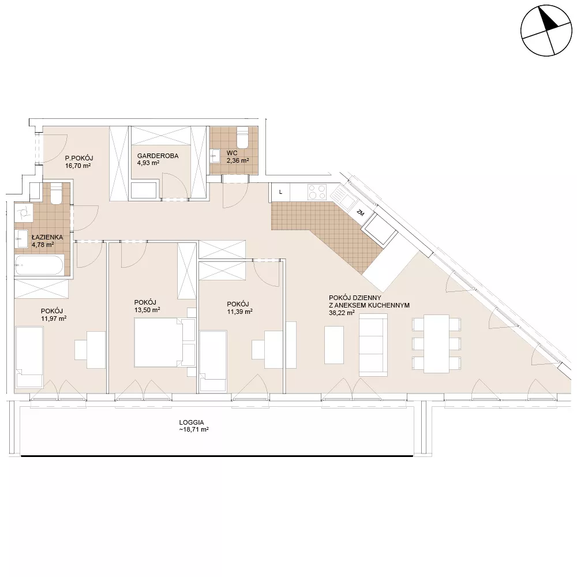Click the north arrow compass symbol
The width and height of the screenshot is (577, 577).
pyautogui.click(x=546, y=31)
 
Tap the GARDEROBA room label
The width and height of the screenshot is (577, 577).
pyautogui.click(x=158, y=156)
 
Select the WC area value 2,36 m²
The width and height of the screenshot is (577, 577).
pyautogui.click(x=238, y=160)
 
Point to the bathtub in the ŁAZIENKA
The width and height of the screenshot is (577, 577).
pyautogui.click(x=40, y=265)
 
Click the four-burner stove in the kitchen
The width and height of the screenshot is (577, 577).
pyautogui.click(x=317, y=192)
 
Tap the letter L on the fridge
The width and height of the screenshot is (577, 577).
pyautogui.click(x=281, y=192)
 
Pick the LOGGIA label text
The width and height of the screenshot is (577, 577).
pyautogui.click(x=192, y=423)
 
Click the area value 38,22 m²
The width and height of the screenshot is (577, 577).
pyautogui.click(x=342, y=313)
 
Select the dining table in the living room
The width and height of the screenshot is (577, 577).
pyautogui.click(x=436, y=344)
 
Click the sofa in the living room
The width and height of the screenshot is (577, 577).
pyautogui.click(x=373, y=345)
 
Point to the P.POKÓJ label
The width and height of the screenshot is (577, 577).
pyautogui.click(x=79, y=158)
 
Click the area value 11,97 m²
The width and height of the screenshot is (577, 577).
pyautogui.click(x=54, y=319)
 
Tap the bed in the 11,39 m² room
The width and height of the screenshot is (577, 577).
pyautogui.click(x=213, y=361)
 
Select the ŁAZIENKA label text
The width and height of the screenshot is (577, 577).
pyautogui.click(x=47, y=237)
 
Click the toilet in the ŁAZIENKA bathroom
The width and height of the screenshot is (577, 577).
pyautogui.click(x=57, y=194)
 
